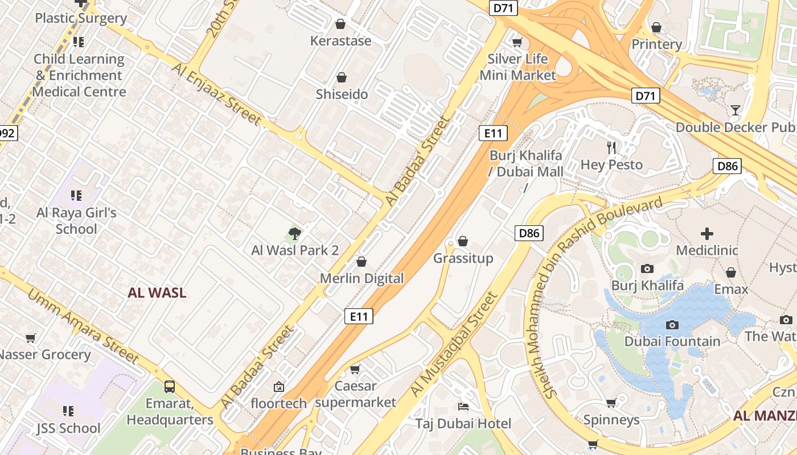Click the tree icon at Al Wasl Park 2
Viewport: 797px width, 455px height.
tap(294, 233)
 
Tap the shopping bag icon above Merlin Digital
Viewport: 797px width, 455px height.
tap(361, 262)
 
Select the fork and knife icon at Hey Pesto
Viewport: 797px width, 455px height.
tap(612, 148)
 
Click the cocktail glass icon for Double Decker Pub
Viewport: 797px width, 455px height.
tap(736, 110)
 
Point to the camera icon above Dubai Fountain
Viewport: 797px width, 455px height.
tap(672, 325)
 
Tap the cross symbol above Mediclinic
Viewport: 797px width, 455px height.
tap(706, 233)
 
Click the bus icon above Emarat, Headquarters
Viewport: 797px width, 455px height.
tap(170, 387)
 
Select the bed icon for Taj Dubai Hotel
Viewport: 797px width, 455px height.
tap(463, 407)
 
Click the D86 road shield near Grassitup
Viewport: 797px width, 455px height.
tap(530, 233)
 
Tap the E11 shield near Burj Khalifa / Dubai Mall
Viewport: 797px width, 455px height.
tap(492, 133)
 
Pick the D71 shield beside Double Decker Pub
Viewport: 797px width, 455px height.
tap(645, 96)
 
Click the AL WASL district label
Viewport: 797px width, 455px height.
tap(157, 293)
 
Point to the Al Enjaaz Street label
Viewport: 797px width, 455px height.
tap(217, 94)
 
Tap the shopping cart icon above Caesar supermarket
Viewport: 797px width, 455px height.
tap(355, 369)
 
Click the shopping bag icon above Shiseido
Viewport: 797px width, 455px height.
tap(342, 77)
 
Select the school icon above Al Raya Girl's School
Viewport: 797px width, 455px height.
tap(76, 196)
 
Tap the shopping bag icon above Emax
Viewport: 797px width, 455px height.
tap(731, 272)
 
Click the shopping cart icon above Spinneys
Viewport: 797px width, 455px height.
tap(611, 403)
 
